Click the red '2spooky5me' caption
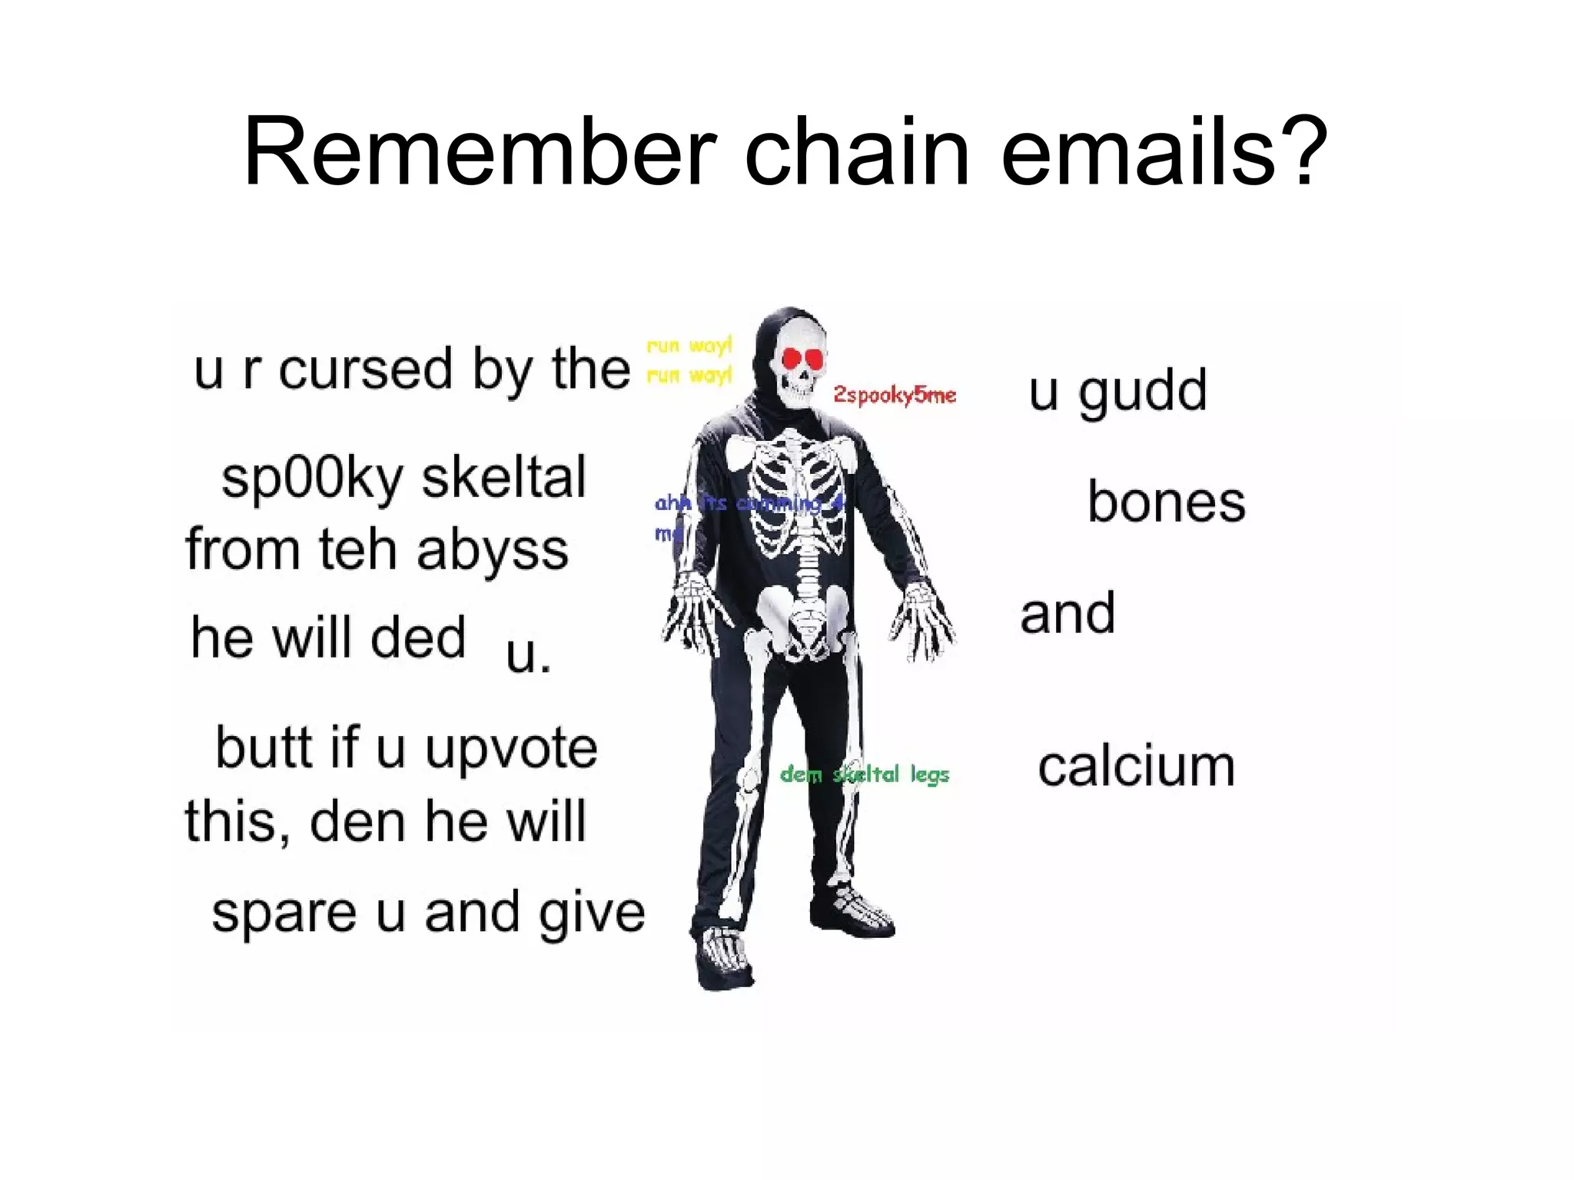tap(895, 395)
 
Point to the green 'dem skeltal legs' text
tap(865, 774)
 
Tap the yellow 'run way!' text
tap(689, 360)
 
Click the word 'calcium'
tap(1136, 767)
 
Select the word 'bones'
tap(1166, 503)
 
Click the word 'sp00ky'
tap(312, 478)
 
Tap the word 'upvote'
tap(511, 748)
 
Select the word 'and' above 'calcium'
tap(1068, 614)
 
